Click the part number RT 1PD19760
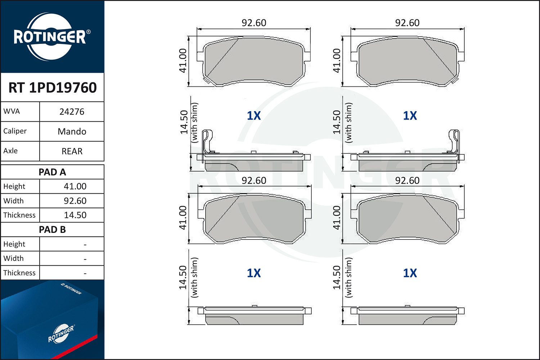coord(53,87)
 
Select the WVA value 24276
coord(72,112)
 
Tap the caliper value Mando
coord(72,131)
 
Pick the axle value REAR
coord(72,151)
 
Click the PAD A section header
coord(52,172)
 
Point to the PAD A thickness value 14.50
coord(75,215)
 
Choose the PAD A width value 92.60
coord(75,201)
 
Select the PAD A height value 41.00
coord(75,186)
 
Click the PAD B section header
coord(52,230)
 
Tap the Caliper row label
coord(15,131)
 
